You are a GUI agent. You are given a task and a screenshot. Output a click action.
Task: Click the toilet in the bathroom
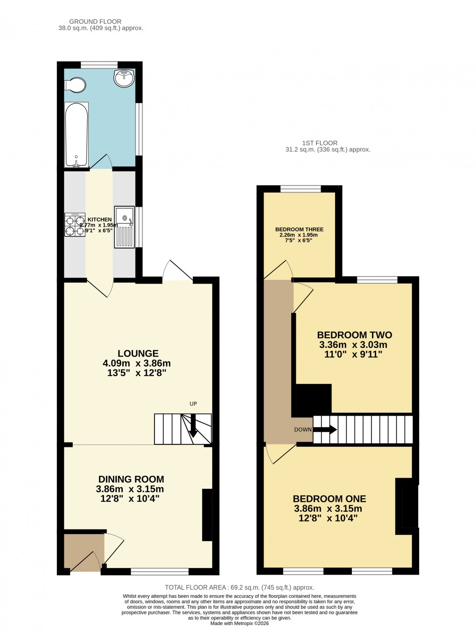point(75,85)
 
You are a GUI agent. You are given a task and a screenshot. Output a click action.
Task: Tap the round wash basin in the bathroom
point(124,78)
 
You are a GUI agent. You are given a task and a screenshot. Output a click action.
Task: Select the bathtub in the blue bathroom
point(76,134)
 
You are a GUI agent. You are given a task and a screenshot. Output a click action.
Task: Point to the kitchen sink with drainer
point(125,227)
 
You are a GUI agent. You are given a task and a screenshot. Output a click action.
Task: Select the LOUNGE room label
point(138,354)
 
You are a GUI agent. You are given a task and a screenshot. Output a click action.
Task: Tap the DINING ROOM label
point(131,479)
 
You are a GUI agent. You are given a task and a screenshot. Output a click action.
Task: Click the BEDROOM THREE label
point(299,229)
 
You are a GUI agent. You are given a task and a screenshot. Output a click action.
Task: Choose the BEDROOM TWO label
point(354,335)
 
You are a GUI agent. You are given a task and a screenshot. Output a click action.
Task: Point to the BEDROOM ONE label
point(329,499)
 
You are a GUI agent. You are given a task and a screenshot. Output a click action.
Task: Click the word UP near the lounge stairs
point(193,404)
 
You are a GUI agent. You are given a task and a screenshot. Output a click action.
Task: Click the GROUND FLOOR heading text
point(95,21)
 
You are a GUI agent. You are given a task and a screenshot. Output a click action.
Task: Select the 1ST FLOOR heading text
point(320,143)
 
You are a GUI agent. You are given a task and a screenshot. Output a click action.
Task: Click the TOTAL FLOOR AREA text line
point(239,588)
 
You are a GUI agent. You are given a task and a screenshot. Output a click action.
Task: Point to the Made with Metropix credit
point(239,623)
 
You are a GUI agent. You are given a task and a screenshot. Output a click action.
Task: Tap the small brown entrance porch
point(84,551)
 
